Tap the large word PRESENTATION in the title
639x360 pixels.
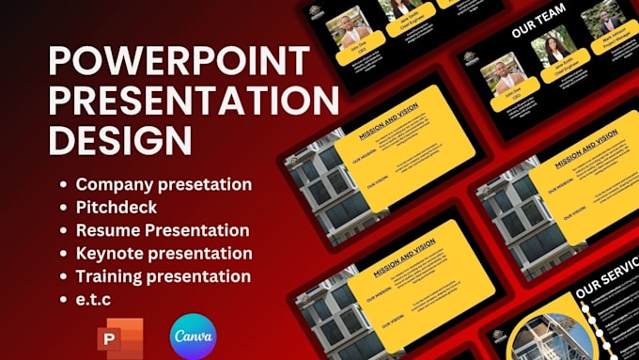194,101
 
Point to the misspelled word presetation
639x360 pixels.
206,184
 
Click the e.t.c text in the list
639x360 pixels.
96,299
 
